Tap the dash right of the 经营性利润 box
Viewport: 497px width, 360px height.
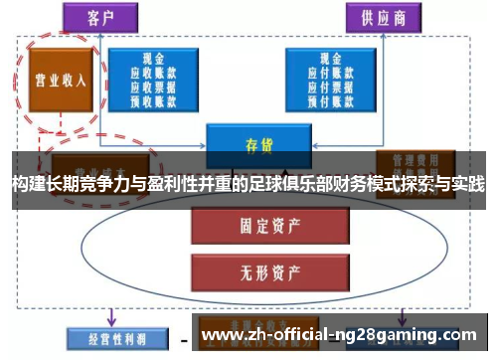pos(184,338)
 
